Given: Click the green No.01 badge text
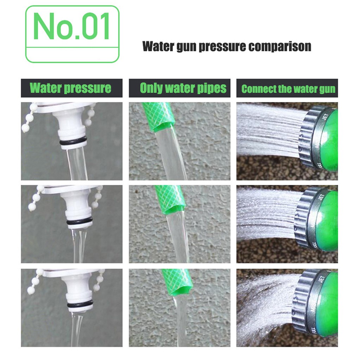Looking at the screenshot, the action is (71, 26).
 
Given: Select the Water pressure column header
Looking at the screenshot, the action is (70, 88).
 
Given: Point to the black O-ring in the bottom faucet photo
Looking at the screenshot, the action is (80, 304).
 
